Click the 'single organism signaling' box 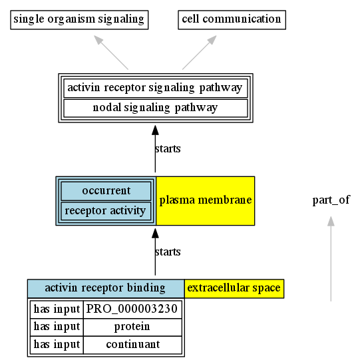79,20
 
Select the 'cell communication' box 232,20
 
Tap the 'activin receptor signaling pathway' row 156,88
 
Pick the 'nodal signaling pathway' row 156,108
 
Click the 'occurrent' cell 106,191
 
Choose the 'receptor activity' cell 106,211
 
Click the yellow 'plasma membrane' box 206,201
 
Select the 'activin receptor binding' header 106,289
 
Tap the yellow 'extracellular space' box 234,289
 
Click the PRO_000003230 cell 132,309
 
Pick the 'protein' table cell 132,327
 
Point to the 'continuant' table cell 132,345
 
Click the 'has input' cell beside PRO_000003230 57,309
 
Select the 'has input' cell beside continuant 57,345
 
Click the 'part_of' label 331,200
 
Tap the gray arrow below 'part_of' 331,259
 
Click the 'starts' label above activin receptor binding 168,252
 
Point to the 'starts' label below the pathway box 168,149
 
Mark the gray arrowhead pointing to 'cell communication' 212,40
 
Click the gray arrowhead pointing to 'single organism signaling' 98,40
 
